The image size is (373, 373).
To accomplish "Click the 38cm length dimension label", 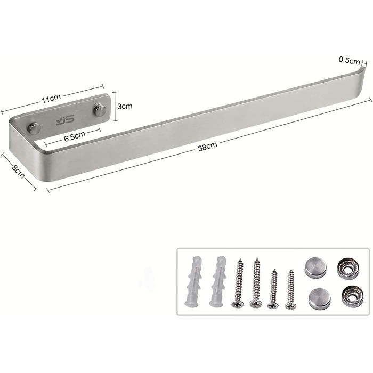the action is click(x=207, y=147).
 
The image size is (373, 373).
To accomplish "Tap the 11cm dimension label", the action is click(x=51, y=98).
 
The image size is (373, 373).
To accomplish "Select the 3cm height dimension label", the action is click(x=125, y=106).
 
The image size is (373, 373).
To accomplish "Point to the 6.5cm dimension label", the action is click(x=75, y=136).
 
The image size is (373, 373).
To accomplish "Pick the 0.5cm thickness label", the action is click(x=349, y=60).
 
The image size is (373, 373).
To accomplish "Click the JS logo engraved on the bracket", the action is click(x=65, y=120).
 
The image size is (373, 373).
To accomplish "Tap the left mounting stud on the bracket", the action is click(x=34, y=128).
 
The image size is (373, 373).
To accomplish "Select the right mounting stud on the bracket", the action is click(x=100, y=110).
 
